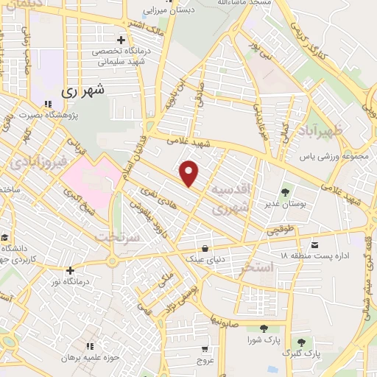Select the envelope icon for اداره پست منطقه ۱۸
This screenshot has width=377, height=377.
pyautogui.click(x=315, y=244)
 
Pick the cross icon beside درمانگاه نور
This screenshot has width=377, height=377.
pyautogui.click(x=70, y=270)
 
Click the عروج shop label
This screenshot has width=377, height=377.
pyautogui.click(x=205, y=362)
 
